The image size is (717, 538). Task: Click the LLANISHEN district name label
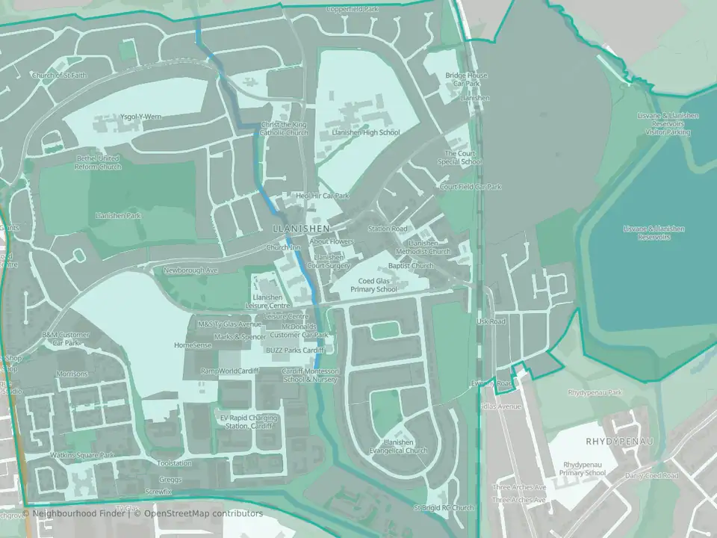click(x=301, y=228)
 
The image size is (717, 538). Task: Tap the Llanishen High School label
click(x=365, y=132)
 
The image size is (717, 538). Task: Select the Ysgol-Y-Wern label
click(x=140, y=117)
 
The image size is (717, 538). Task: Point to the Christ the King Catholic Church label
click(x=283, y=129)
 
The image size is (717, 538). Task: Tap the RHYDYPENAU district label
click(x=619, y=441)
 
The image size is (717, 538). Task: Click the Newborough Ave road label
click(x=190, y=270)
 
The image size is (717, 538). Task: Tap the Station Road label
click(x=388, y=228)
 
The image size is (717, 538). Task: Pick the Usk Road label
click(x=491, y=321)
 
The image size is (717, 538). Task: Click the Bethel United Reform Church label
click(x=98, y=162)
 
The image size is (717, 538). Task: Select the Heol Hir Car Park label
click(x=323, y=196)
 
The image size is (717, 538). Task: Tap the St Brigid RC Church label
click(x=444, y=508)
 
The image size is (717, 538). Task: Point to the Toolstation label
click(x=176, y=463)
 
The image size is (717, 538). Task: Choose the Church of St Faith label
click(x=59, y=75)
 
